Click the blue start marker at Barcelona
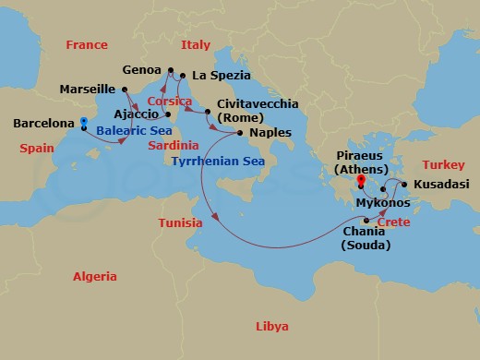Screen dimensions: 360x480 [83, 122]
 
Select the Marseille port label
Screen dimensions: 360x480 [86, 90]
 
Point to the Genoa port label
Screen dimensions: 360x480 [141, 69]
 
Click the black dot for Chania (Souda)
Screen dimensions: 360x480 [366, 220]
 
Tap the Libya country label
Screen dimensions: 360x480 [271, 327]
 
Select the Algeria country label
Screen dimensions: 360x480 [95, 277]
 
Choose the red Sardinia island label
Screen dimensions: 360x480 [173, 145]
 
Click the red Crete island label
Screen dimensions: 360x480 [394, 223]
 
